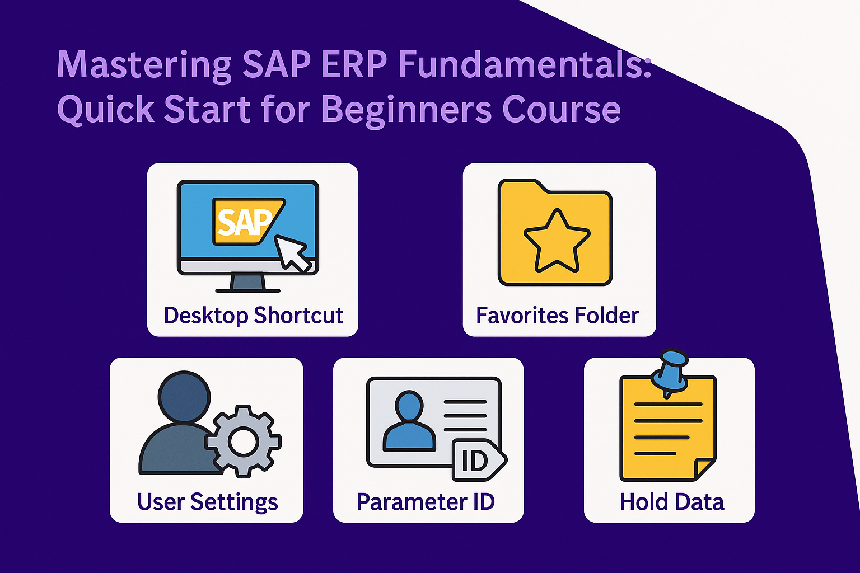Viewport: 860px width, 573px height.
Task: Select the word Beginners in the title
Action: (x=406, y=111)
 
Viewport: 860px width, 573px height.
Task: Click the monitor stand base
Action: (x=247, y=290)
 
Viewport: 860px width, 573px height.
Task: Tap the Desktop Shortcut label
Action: (x=254, y=316)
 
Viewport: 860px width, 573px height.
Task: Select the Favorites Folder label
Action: (x=558, y=315)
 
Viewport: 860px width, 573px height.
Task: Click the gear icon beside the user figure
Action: (x=243, y=441)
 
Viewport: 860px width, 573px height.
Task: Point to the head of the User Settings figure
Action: (x=184, y=397)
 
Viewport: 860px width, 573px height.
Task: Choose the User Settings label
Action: (x=207, y=502)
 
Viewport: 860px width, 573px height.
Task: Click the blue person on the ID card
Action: (x=409, y=421)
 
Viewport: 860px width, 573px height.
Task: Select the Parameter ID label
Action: (x=426, y=501)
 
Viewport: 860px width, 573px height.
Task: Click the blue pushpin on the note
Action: (x=670, y=372)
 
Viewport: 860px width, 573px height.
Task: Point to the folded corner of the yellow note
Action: (x=704, y=468)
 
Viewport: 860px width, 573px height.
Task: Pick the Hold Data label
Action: (x=672, y=501)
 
